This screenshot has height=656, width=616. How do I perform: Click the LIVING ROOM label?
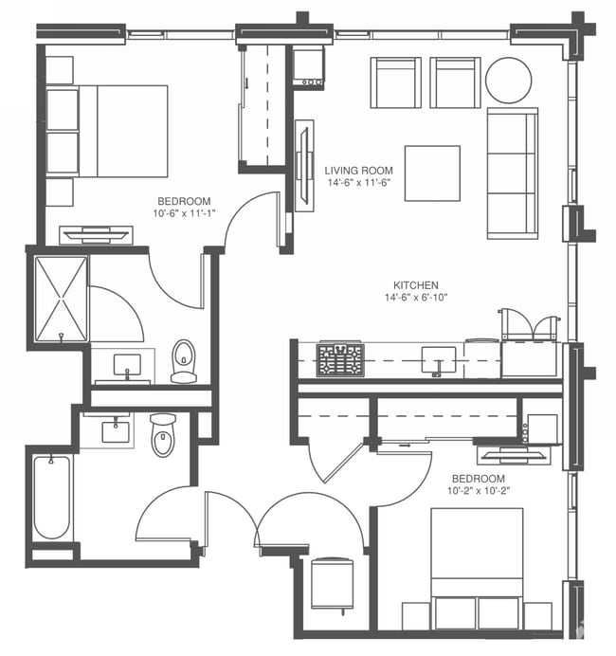coord(358,171)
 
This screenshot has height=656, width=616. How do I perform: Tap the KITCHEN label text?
coord(416,284)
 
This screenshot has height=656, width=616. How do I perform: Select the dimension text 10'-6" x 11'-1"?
coord(184,213)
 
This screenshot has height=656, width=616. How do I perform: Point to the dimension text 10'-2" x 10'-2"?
coord(478,491)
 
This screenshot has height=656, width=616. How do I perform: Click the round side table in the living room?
coord(509,81)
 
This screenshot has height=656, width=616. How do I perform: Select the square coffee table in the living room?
coord(432,173)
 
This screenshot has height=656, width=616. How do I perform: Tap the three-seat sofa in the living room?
coord(512,173)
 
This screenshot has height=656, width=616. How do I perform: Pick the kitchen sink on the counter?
coord(438,359)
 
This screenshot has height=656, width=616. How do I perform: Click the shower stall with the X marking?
coord(61,299)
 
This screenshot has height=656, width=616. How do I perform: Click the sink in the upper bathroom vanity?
coord(126,364)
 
